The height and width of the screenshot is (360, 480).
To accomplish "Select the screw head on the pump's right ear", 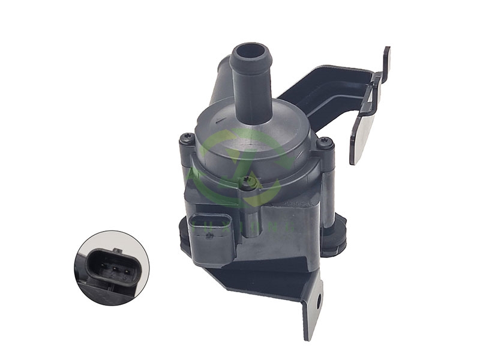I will [x=325, y=143].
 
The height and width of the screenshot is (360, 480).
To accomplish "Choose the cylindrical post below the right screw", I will [x=328, y=192].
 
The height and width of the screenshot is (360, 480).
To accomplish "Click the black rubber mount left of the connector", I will [x=183, y=231].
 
